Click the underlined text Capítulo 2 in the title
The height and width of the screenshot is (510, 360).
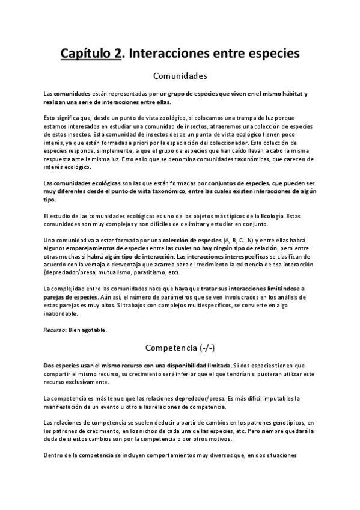90,54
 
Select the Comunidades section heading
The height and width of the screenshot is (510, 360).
180,76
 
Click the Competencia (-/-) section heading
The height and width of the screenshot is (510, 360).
180,347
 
